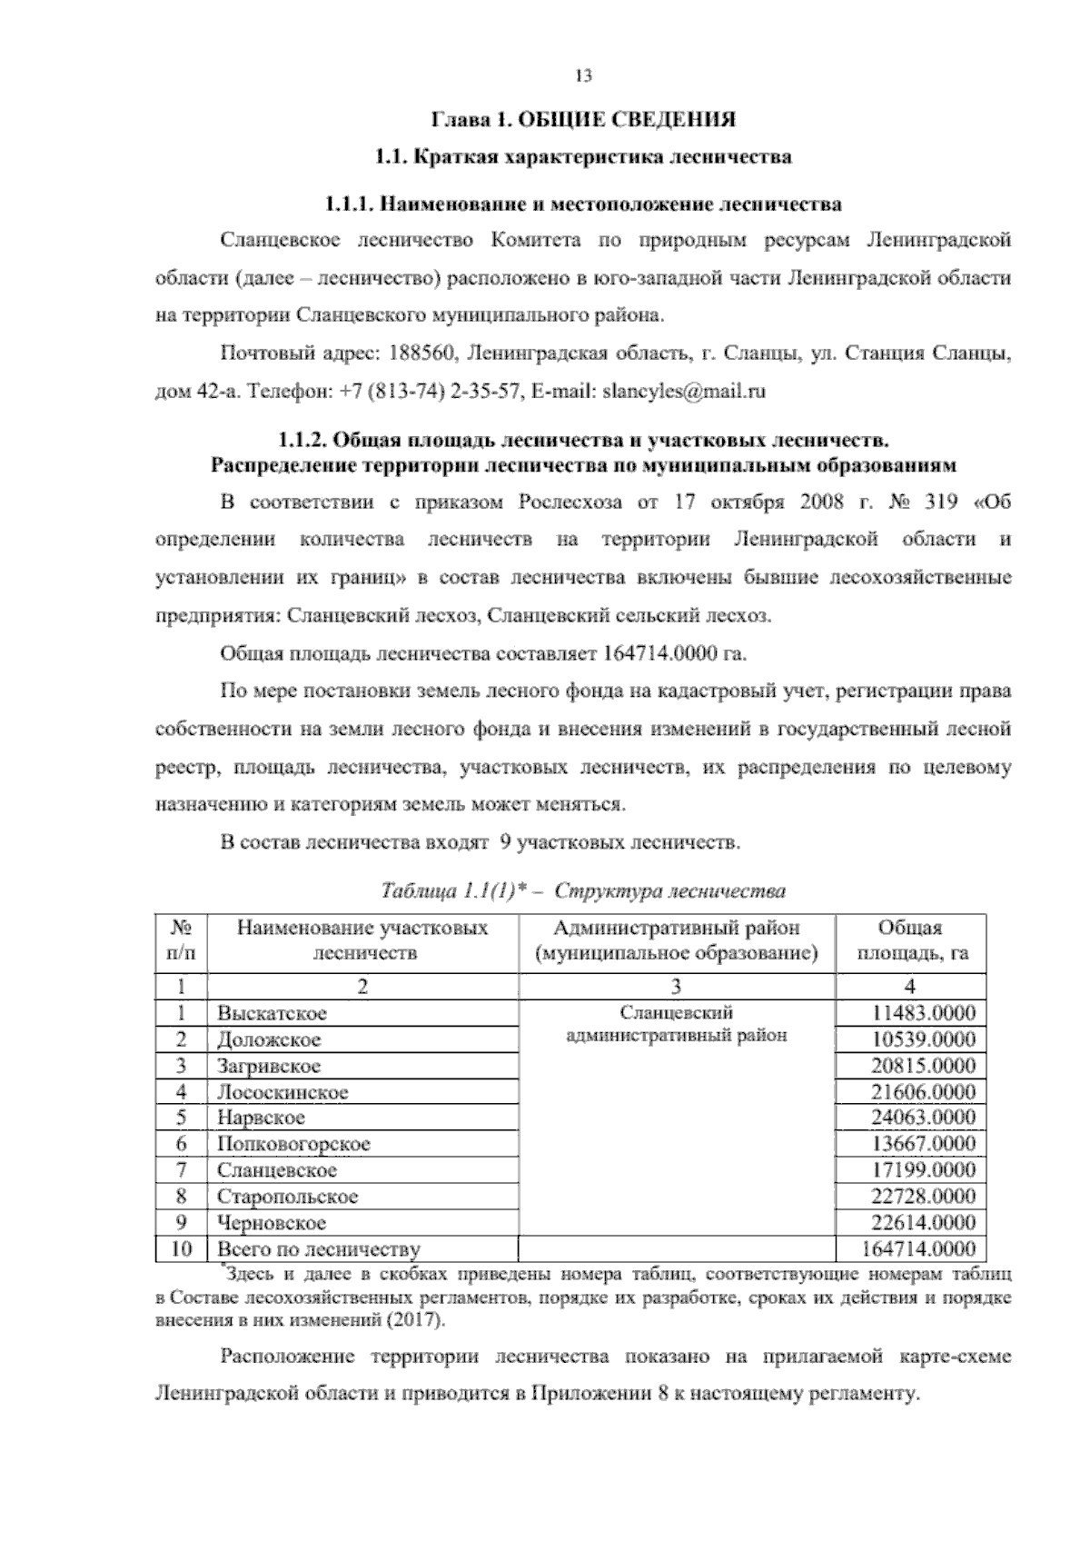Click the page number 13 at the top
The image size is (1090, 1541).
coord(583,76)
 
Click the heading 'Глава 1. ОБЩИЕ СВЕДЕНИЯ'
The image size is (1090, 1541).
coord(582,120)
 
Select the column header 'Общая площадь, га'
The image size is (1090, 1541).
coord(910,940)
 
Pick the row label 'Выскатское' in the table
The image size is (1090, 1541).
coord(272,1013)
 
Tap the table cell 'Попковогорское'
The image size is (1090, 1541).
coord(292,1144)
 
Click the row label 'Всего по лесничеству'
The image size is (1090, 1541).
coord(318,1249)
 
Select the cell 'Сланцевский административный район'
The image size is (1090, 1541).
coord(676,1024)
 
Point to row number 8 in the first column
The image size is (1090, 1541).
coord(182,1197)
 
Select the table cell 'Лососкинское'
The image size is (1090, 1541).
coord(282,1092)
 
